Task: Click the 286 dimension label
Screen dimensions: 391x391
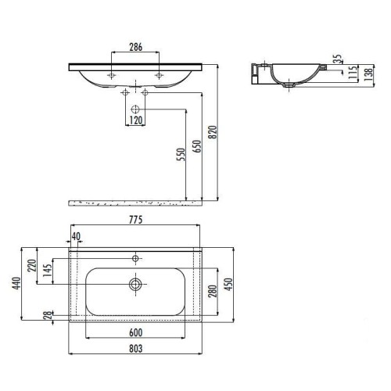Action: point(136,47)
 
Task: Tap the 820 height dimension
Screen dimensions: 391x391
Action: point(213,132)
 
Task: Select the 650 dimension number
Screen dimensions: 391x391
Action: point(197,146)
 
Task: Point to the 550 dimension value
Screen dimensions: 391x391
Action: point(181,154)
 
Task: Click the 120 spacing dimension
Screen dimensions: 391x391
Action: point(136,120)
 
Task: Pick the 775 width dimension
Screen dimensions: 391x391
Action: point(136,220)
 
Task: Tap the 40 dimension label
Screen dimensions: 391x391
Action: point(76,236)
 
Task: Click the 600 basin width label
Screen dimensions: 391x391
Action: point(136,332)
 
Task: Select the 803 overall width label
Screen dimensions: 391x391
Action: point(136,349)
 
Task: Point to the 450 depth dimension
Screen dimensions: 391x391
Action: point(228,285)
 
